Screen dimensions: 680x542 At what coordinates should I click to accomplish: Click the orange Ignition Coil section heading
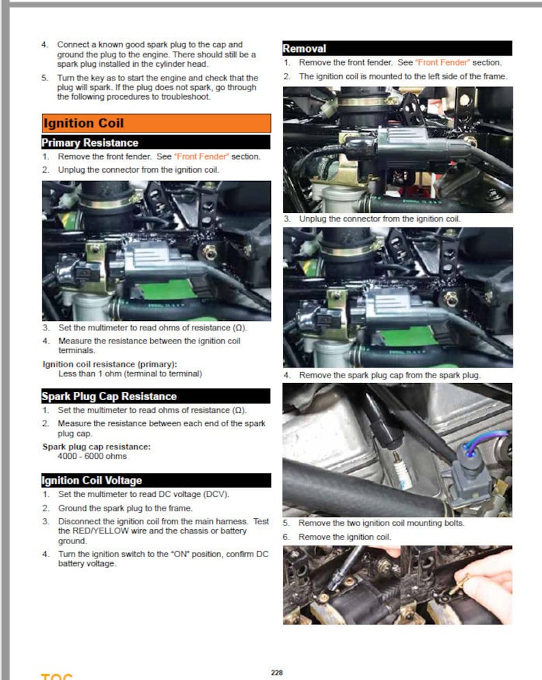tap(83, 124)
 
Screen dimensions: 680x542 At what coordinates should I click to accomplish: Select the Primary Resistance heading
tap(89, 143)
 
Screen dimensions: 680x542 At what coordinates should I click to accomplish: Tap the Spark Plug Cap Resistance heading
tap(109, 396)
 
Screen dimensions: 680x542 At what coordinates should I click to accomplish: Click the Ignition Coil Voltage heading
tap(91, 481)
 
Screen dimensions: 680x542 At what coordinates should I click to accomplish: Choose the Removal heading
tap(304, 48)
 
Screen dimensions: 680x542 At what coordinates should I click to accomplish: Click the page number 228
tap(276, 672)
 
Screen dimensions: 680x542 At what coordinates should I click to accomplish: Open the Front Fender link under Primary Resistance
tap(201, 156)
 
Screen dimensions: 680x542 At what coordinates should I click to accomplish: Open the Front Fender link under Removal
tap(442, 63)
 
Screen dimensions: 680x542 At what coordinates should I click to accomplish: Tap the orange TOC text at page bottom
tap(57, 677)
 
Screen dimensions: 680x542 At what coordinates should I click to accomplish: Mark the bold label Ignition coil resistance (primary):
tap(109, 364)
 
